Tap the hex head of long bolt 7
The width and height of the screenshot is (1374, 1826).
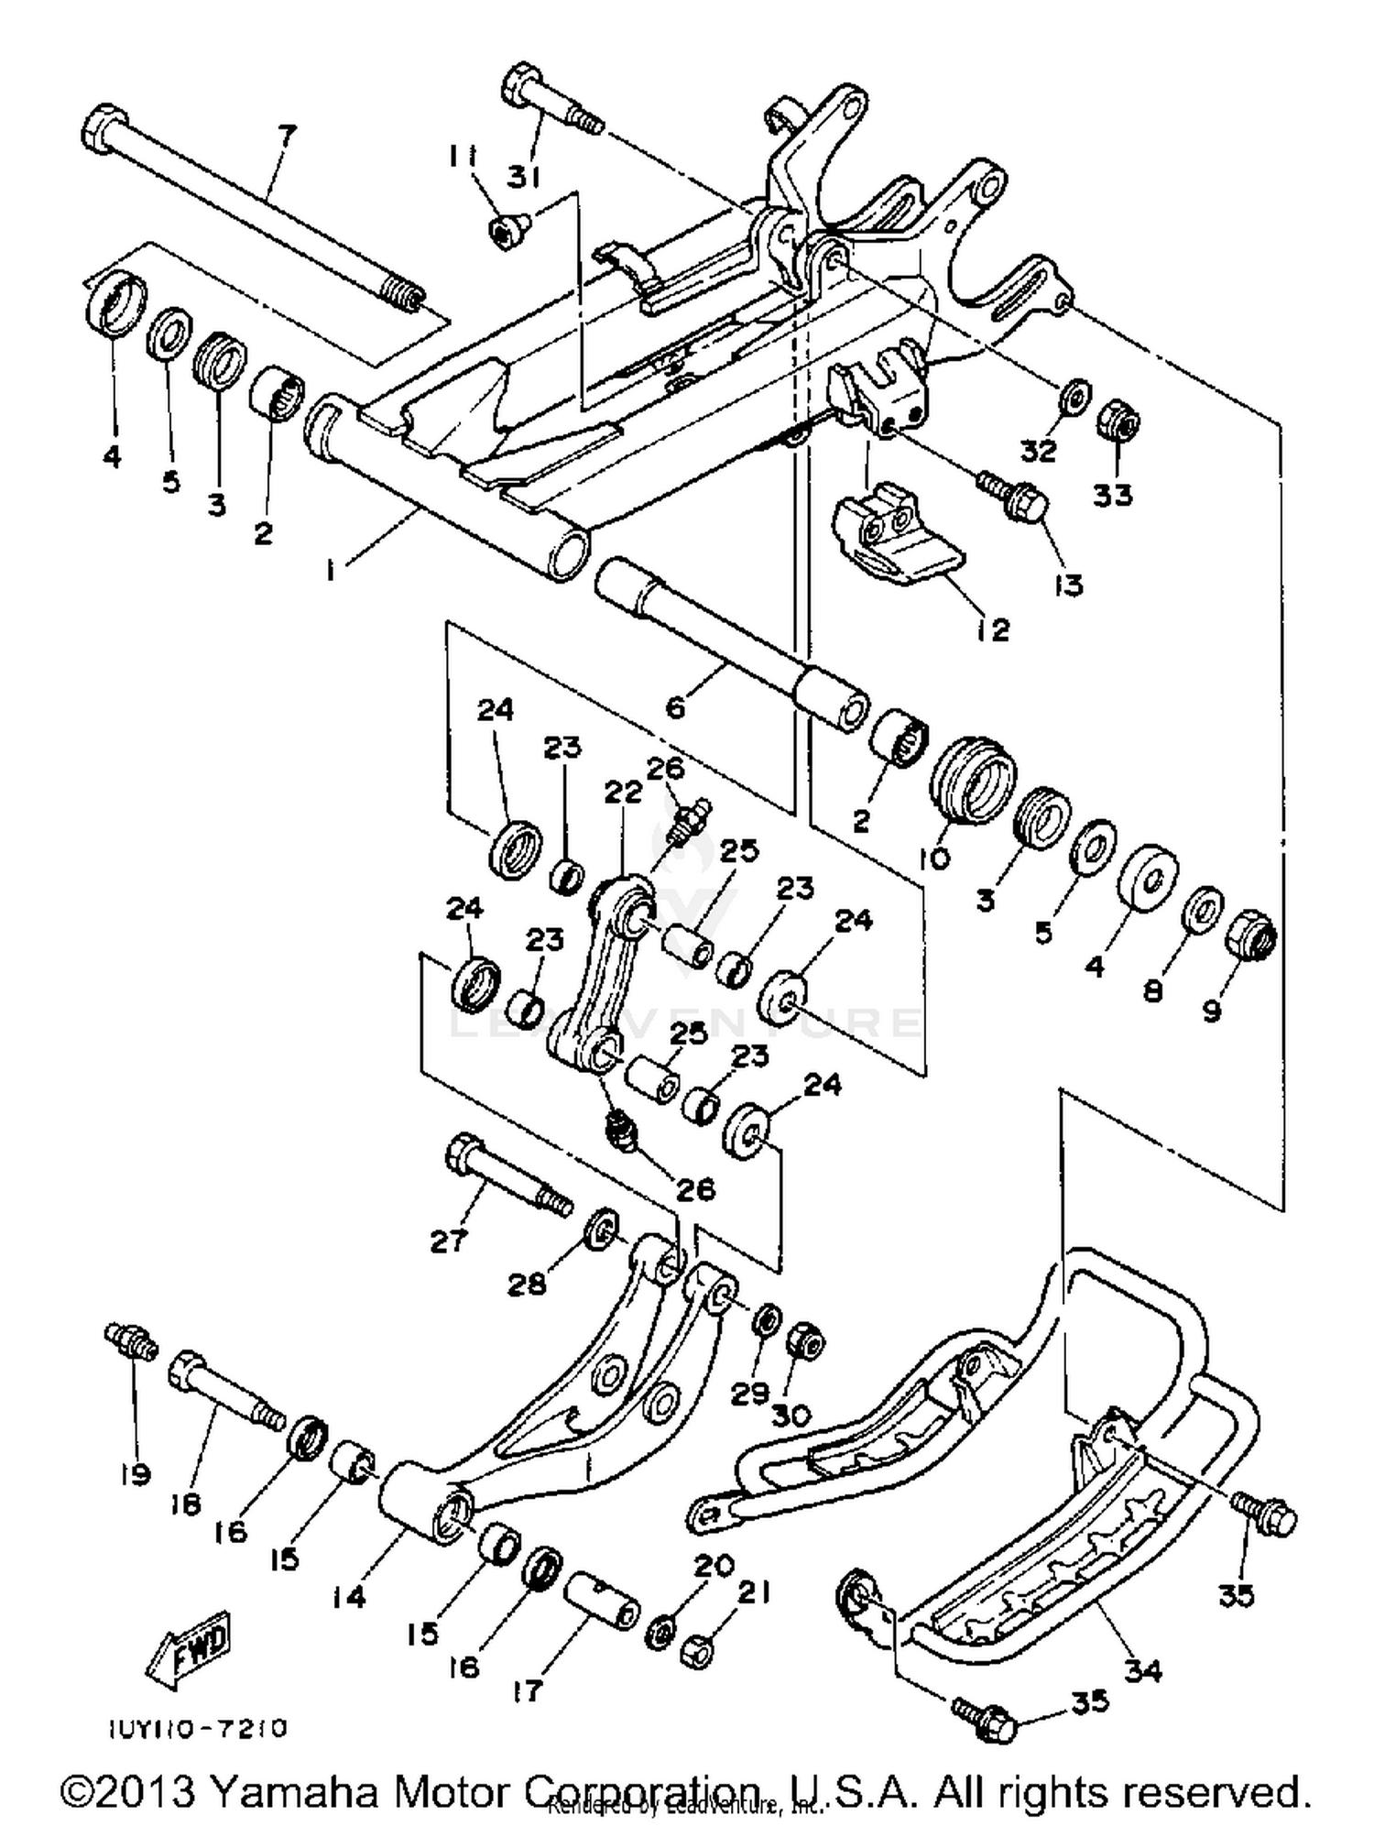click(x=104, y=129)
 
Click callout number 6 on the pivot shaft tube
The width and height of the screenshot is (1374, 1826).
click(x=675, y=706)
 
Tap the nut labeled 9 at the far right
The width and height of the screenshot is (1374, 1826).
click(x=1250, y=936)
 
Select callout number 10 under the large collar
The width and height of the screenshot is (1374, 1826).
click(x=938, y=858)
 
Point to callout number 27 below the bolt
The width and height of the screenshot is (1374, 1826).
click(x=449, y=1241)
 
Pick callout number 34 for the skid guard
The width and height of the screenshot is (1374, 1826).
click(x=1142, y=1669)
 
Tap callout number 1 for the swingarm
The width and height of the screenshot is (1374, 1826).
click(x=331, y=570)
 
